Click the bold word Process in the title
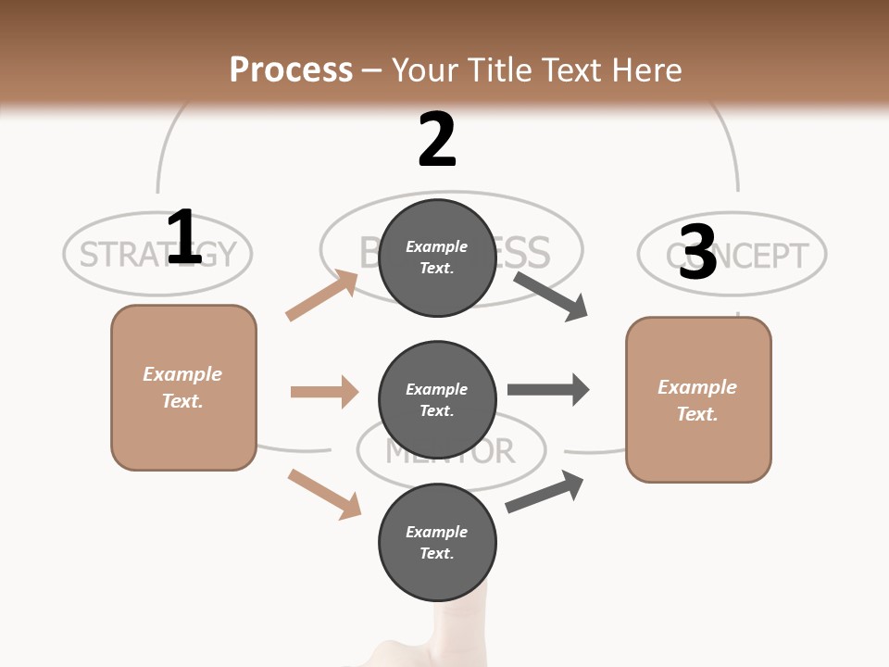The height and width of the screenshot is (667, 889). coord(291,69)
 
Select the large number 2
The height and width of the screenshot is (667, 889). coord(437,139)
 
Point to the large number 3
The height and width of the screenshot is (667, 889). coord(697,252)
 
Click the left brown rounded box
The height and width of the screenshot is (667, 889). coord(183,387)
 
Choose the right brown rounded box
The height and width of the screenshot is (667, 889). coord(698,399)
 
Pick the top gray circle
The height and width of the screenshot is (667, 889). coord(437,258)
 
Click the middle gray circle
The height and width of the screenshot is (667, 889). coord(437,399)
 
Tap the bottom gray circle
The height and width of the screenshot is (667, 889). coord(437,542)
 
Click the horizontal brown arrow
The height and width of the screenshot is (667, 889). coord(324,392)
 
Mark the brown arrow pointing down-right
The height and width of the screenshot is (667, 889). coord(324,494)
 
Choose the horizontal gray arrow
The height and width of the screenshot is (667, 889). coord(547,390)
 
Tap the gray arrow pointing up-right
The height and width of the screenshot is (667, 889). coord(545,492)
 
